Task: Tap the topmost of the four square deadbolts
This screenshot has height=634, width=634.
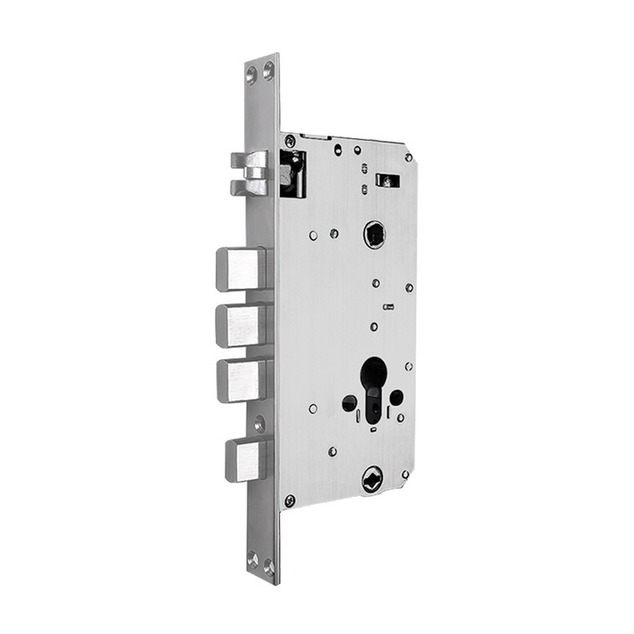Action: (x=240, y=269)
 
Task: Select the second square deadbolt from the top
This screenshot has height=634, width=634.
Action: (x=240, y=324)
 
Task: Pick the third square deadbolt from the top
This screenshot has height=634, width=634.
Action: (x=240, y=380)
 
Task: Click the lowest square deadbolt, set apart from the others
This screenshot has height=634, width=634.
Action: (x=245, y=460)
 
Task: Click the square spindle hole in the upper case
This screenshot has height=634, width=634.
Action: (x=375, y=234)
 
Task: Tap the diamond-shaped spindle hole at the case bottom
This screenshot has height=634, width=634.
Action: (x=373, y=479)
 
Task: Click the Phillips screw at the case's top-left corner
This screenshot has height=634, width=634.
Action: (x=290, y=141)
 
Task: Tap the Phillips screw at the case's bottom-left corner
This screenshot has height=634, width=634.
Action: (x=290, y=500)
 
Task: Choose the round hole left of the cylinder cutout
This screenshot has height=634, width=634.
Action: (x=350, y=403)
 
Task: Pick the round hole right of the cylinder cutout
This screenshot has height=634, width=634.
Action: (x=397, y=397)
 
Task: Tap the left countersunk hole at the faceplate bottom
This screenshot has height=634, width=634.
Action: (x=253, y=558)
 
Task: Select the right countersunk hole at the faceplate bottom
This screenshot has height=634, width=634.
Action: (x=269, y=564)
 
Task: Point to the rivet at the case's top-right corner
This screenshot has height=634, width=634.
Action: (x=408, y=158)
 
